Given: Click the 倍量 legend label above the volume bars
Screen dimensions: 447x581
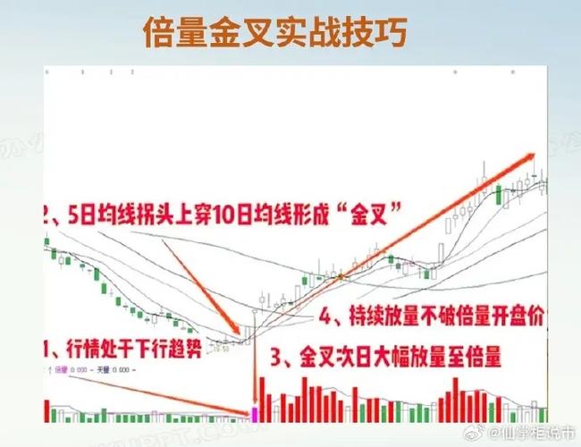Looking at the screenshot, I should click(61, 369).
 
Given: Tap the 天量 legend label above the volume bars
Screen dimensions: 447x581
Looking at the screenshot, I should click(103, 369).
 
